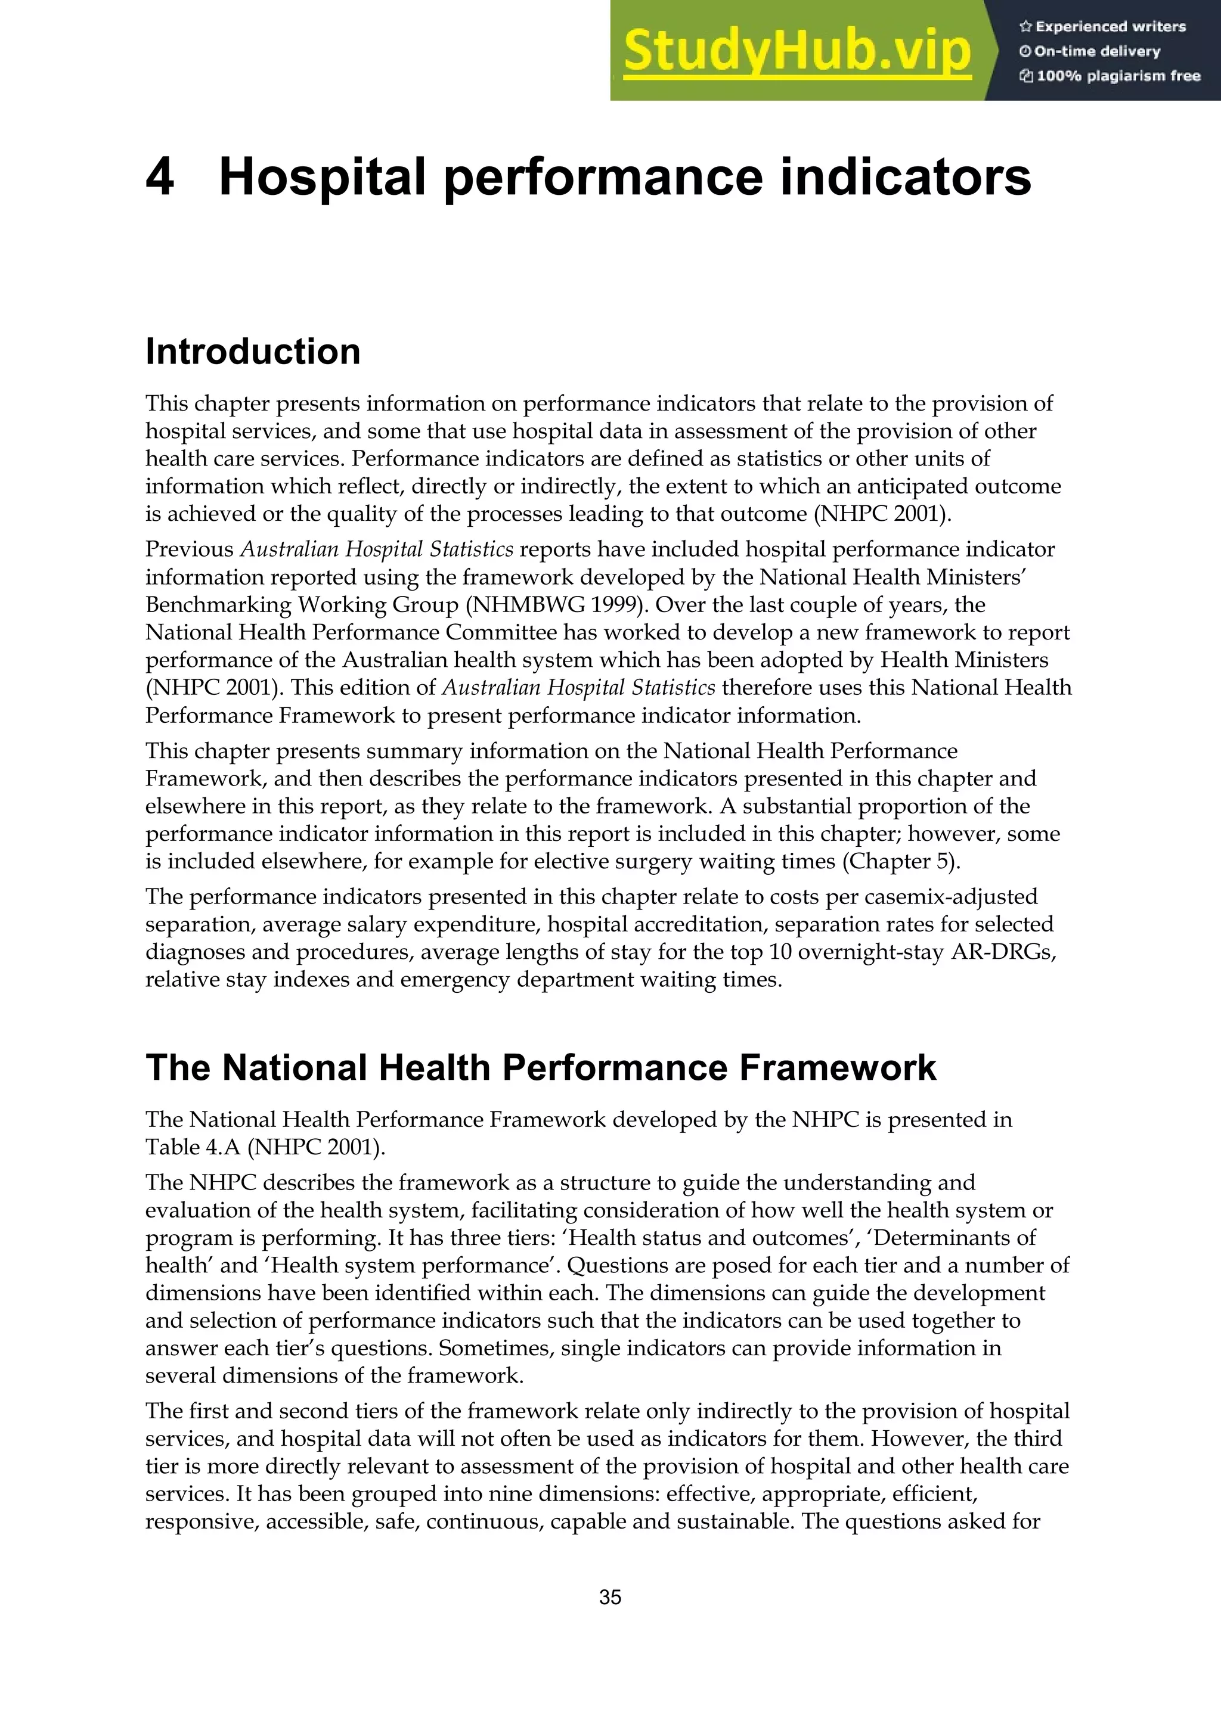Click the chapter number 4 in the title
tap(160, 178)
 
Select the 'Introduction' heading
tap(253, 351)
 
